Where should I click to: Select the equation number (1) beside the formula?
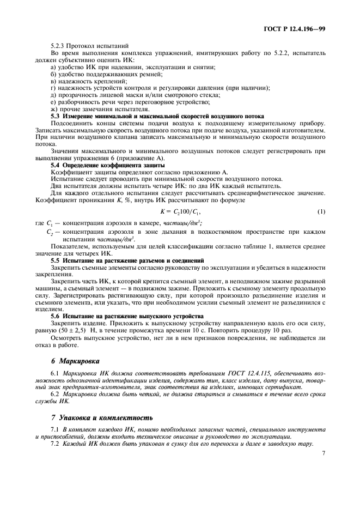coord(321,211)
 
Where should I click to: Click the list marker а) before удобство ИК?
coord(53,66)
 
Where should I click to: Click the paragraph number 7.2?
coord(54,443)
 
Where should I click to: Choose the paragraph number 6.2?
coord(54,393)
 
